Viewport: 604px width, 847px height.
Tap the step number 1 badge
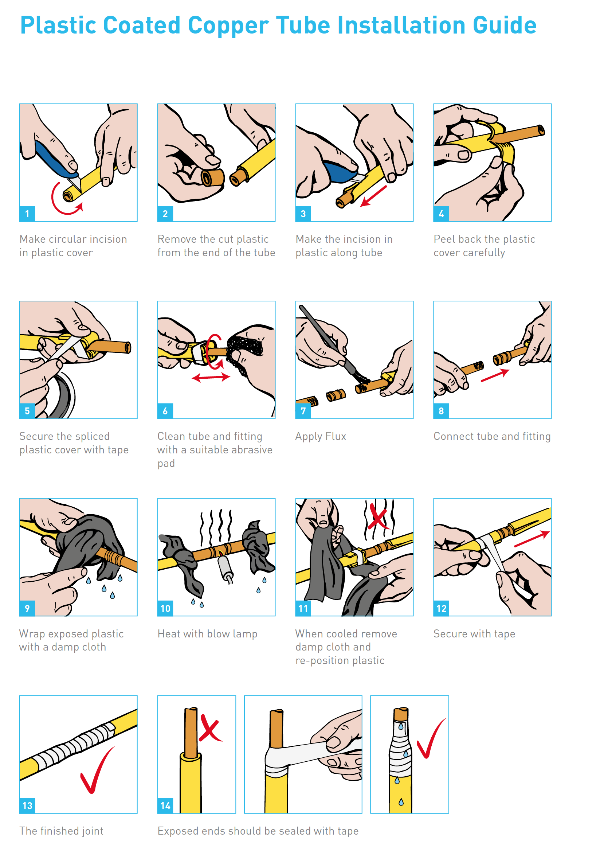[27, 214]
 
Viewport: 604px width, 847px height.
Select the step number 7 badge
[303, 411]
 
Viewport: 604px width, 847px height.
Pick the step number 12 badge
[442, 609]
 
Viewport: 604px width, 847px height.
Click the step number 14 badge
[165, 806]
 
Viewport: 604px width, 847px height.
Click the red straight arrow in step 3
[373, 196]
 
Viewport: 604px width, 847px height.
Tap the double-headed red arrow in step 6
[211, 378]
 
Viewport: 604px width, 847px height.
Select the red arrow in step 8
[495, 375]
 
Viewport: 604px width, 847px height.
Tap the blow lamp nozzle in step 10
[225, 566]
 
